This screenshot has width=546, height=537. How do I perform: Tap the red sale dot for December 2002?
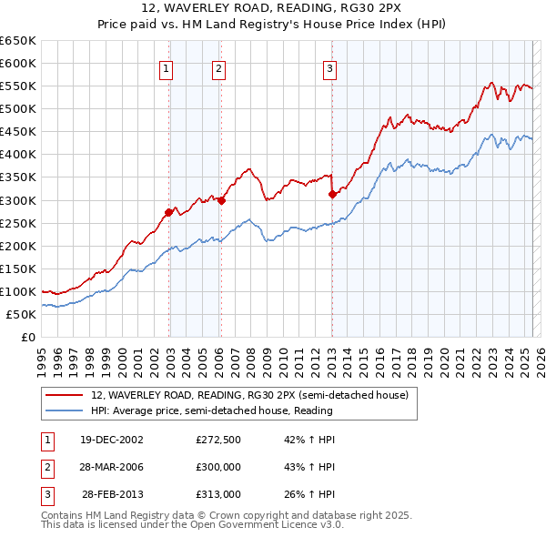tap(168, 212)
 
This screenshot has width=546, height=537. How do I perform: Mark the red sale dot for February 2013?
tap(331, 194)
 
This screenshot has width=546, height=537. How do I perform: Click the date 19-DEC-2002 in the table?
tap(113, 440)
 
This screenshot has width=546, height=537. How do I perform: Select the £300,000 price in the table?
tap(218, 467)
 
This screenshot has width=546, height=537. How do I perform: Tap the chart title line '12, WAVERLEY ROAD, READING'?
tap(273, 10)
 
